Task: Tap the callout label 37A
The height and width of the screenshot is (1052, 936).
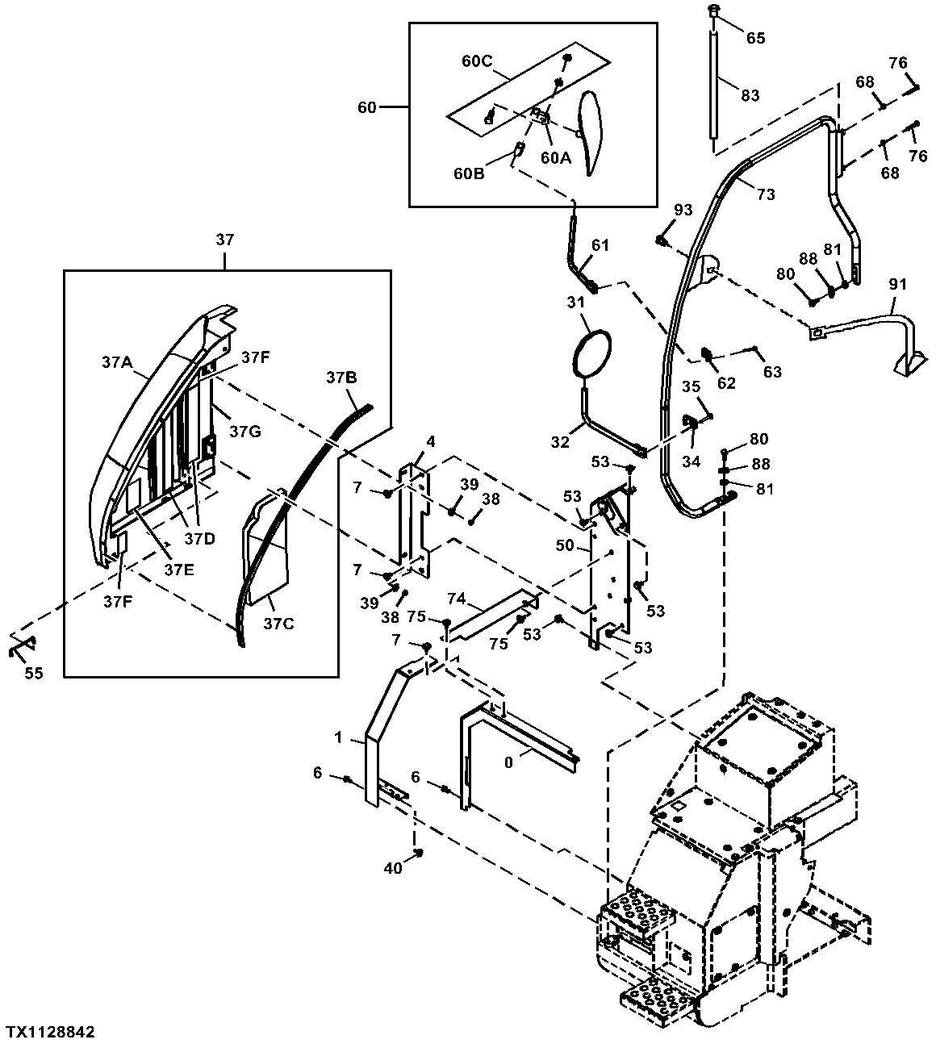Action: tap(118, 362)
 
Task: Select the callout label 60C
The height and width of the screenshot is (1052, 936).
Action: tap(477, 61)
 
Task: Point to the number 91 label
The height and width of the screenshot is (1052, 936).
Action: tap(897, 284)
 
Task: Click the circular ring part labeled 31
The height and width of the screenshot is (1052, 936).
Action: tap(591, 353)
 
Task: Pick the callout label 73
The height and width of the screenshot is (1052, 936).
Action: tap(767, 194)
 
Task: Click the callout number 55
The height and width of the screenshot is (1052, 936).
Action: tap(34, 673)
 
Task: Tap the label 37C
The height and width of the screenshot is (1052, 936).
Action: tap(278, 623)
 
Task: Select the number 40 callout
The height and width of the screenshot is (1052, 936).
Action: tap(393, 868)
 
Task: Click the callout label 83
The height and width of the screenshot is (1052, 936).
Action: tap(750, 95)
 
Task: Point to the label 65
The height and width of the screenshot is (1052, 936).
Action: tap(756, 38)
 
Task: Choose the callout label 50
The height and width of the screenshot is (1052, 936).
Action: tap(565, 545)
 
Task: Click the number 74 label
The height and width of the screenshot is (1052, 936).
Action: tap(457, 599)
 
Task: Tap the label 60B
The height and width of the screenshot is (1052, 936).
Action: tap(469, 173)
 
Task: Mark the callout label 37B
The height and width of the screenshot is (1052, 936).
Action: tap(341, 378)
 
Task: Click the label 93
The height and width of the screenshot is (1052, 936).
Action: tap(683, 210)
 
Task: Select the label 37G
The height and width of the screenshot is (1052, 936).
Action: tap(245, 432)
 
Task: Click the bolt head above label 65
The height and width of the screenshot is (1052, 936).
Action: tap(714, 9)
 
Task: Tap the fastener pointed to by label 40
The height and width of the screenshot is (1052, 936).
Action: tap(419, 852)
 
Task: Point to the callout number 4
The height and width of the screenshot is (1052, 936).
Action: tap(431, 442)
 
